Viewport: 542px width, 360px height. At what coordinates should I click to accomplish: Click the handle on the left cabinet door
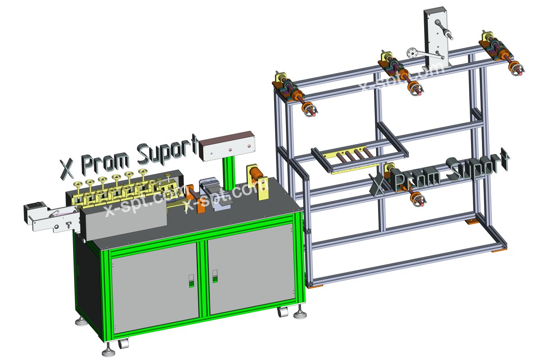tap(192, 281)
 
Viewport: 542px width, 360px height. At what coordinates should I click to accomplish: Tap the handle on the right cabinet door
tap(215, 276)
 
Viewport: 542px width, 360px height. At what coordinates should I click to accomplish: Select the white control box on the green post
tap(227, 146)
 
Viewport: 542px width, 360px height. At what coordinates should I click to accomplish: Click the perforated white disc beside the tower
tap(411, 53)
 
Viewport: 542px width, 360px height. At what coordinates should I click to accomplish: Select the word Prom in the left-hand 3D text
tap(105, 162)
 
